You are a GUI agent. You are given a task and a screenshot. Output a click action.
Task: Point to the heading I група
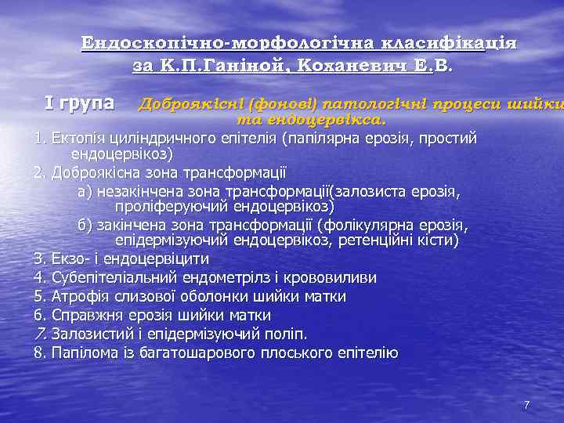point(79,103)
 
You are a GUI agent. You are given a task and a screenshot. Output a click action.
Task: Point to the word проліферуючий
point(164,207)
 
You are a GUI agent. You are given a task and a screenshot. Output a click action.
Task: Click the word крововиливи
point(336,277)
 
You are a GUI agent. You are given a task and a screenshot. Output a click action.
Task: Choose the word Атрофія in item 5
point(79,297)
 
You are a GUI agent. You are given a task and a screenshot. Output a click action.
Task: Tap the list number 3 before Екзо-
point(39,258)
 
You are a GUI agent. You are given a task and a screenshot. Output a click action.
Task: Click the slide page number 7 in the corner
point(526,405)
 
